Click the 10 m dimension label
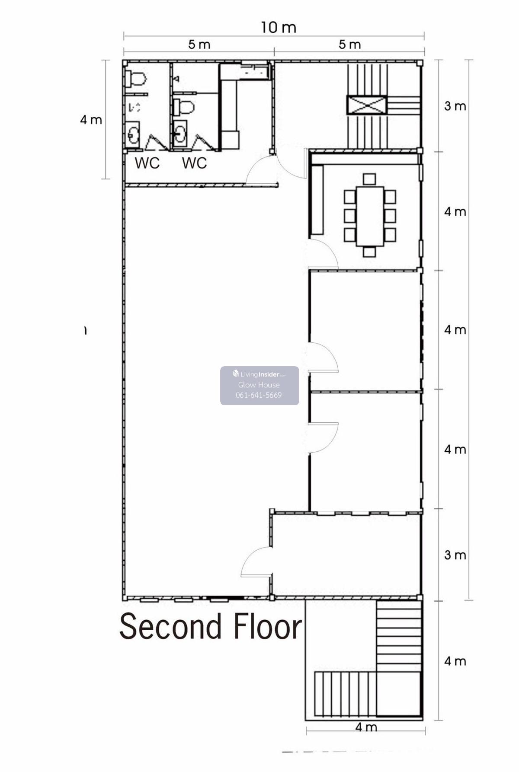point(279,28)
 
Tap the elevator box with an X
point(366,105)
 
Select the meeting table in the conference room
point(369,216)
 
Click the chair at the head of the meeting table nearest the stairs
point(369,179)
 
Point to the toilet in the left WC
point(135,79)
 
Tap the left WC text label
point(147,163)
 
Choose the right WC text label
point(194,163)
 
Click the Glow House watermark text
point(259,385)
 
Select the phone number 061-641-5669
point(259,395)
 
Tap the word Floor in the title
point(267,627)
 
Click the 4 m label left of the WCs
point(91,120)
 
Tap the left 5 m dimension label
point(199,45)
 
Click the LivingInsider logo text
point(259,374)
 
